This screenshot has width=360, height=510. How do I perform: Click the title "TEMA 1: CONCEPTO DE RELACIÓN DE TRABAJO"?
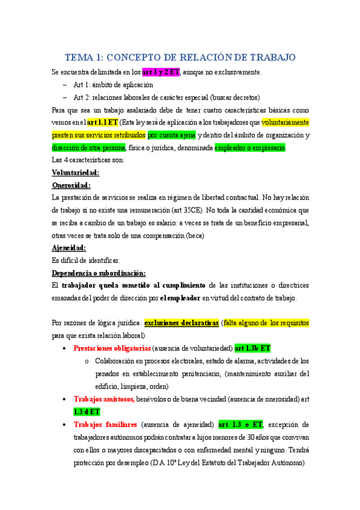pyautogui.click(x=180, y=57)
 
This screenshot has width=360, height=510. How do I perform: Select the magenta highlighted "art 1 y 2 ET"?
pyautogui.click(x=160, y=72)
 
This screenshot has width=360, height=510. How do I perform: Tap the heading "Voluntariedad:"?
pyautogui.click(x=76, y=173)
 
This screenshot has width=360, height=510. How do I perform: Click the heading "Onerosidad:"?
pyautogui.click(x=71, y=185)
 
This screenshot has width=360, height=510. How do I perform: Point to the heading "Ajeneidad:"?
pyautogui.click(x=69, y=248)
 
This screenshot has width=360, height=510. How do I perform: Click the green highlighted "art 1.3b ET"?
pyautogui.click(x=252, y=348)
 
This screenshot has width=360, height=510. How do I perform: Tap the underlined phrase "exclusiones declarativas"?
pyautogui.click(x=182, y=322)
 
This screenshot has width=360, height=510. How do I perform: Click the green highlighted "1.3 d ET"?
pyautogui.click(x=87, y=411)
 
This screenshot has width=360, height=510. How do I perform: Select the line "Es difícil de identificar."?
pyautogui.click(x=86, y=260)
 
